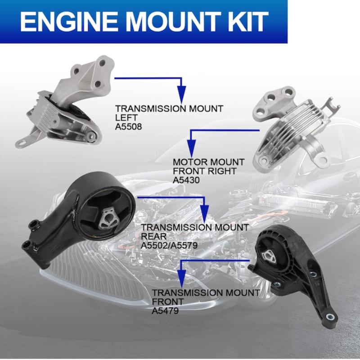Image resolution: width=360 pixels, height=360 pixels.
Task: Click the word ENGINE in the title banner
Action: point(69,21)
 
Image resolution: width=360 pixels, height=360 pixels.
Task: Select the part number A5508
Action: point(128,126)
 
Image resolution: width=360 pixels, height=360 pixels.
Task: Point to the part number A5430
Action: point(186,180)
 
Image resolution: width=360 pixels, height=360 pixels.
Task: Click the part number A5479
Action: point(165,311)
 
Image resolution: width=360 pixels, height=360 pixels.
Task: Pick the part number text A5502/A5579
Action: point(169,245)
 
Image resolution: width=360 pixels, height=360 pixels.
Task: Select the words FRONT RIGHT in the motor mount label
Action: point(205,171)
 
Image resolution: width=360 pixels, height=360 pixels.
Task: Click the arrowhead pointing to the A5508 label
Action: point(182,94)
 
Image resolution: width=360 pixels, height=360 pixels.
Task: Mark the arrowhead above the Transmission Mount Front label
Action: point(182,279)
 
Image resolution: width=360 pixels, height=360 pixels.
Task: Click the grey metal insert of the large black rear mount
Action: point(108,218)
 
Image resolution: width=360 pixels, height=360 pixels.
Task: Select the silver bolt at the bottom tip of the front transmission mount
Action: point(330,317)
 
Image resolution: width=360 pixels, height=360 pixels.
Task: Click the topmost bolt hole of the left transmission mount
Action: point(103,63)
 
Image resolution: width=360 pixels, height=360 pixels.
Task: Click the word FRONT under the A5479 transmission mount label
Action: point(165,301)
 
